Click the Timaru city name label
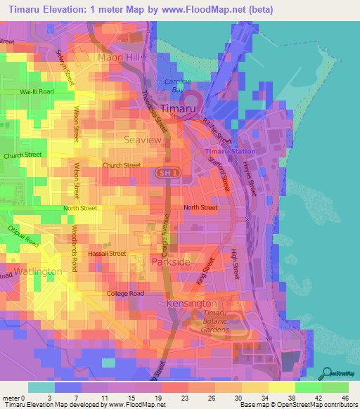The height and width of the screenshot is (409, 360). (179, 108)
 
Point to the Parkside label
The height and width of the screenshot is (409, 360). (170, 261)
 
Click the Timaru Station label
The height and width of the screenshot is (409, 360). (230, 152)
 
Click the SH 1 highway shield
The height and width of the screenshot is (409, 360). (165, 172)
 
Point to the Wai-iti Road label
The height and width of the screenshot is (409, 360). (37, 91)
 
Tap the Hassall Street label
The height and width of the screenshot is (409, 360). (108, 253)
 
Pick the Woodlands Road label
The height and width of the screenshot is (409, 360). (74, 248)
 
